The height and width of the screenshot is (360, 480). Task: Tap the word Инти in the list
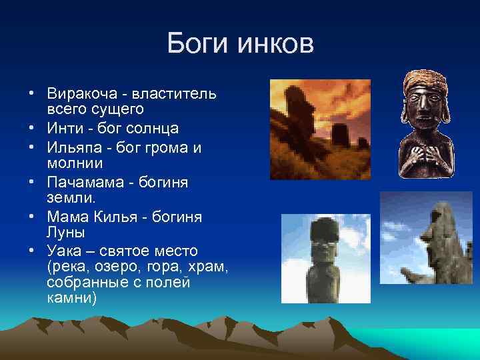(x=65, y=127)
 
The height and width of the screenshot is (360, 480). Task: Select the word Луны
(x=65, y=231)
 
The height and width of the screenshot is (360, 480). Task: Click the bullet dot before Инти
(x=31, y=127)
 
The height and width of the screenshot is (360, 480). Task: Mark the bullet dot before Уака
(x=31, y=251)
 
